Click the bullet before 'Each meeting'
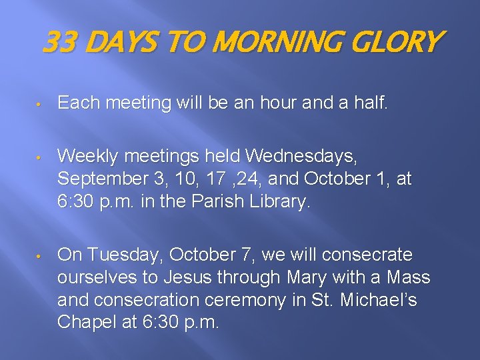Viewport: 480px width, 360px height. pyautogui.click(x=40, y=104)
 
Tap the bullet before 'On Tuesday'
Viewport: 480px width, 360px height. pyautogui.click(x=40, y=256)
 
